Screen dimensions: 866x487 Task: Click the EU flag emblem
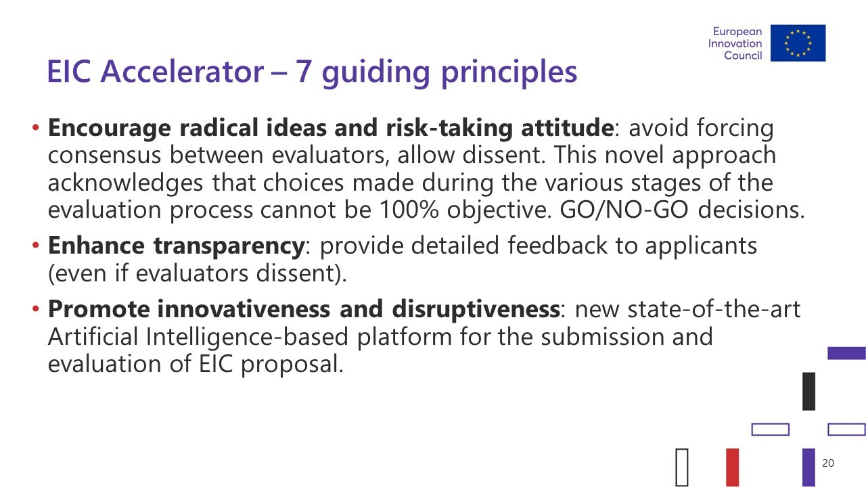pyautogui.click(x=798, y=43)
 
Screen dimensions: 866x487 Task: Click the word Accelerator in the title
pyautogui.click(x=182, y=72)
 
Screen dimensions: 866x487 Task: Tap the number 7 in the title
pyautogui.click(x=304, y=72)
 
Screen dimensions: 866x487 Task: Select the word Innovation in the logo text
pyautogui.click(x=735, y=43)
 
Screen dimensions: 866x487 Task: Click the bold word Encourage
pyautogui.click(x=110, y=129)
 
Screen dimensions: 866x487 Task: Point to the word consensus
pyautogui.click(x=104, y=156)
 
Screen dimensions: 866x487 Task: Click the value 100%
pyautogui.click(x=409, y=210)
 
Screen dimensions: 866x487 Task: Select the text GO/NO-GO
pyautogui.click(x=624, y=210)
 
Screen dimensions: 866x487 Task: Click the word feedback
pyautogui.click(x=557, y=246)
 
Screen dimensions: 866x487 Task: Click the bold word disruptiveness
pyautogui.click(x=476, y=310)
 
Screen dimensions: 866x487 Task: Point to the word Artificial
pyautogui.click(x=93, y=336)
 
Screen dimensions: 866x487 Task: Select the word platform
pyautogui.click(x=405, y=337)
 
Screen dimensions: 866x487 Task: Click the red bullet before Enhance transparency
pyautogui.click(x=36, y=245)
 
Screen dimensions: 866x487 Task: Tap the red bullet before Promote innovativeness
pyautogui.click(x=36, y=308)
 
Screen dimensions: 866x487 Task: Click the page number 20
pyautogui.click(x=828, y=463)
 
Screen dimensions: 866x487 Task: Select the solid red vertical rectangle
pyautogui.click(x=733, y=467)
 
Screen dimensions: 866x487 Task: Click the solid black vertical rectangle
pyautogui.click(x=808, y=391)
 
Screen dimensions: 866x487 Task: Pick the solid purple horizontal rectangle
pyautogui.click(x=846, y=353)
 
